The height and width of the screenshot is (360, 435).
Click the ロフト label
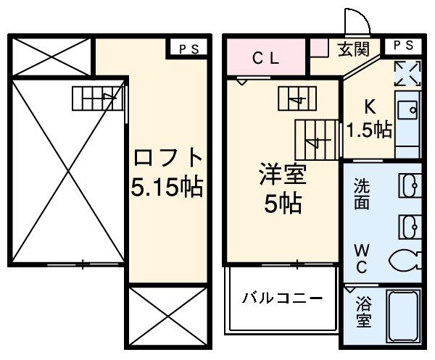[166, 157]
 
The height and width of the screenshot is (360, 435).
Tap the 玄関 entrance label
[353, 49]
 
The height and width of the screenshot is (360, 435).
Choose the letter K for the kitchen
[369, 107]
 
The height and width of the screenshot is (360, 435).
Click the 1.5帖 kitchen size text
[369, 130]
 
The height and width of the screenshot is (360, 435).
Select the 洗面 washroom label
[362, 193]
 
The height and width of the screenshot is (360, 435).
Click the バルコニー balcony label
[283, 298]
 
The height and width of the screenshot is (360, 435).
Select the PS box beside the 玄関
[404, 45]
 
